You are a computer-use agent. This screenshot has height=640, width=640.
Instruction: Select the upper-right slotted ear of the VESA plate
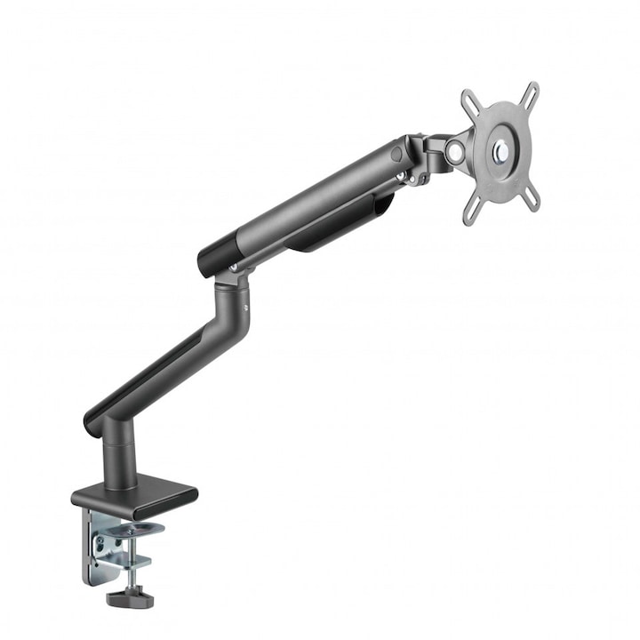point(531,92)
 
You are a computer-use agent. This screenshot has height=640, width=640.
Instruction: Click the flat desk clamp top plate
point(133,494)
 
